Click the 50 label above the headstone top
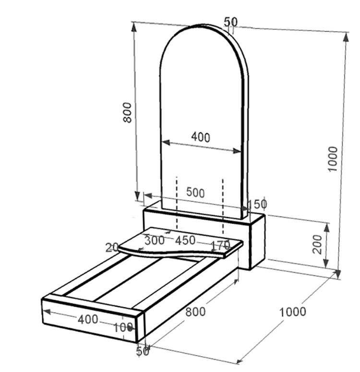230,22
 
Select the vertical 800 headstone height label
127,112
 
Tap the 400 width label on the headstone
201,137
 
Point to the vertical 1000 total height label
332,159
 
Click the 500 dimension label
195,192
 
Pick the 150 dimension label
257,204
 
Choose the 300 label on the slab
155,240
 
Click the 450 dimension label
185,240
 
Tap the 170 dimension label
220,245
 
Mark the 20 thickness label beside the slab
112,248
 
